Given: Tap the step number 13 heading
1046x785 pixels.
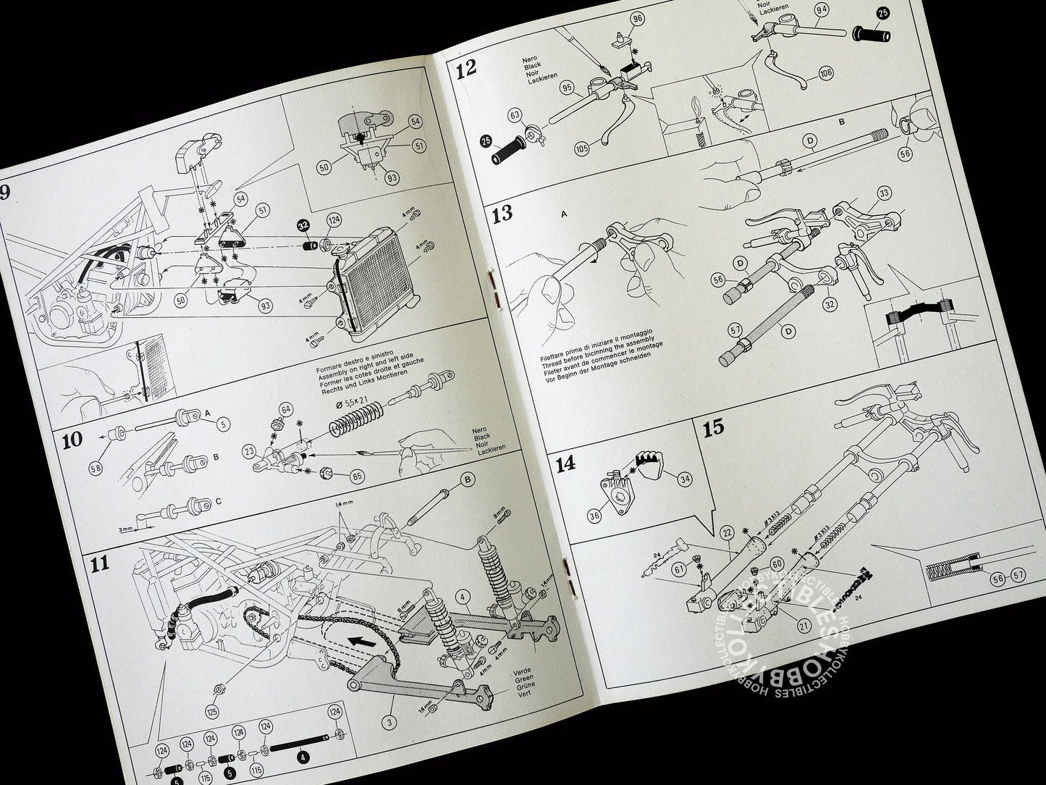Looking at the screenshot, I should coord(502,214).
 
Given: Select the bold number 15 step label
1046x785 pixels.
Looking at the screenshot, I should coord(713,427).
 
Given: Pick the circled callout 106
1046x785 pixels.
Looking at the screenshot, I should coord(826,74).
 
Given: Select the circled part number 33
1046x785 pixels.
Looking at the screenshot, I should coord(883,193).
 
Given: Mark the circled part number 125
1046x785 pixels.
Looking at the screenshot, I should coord(211,693).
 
